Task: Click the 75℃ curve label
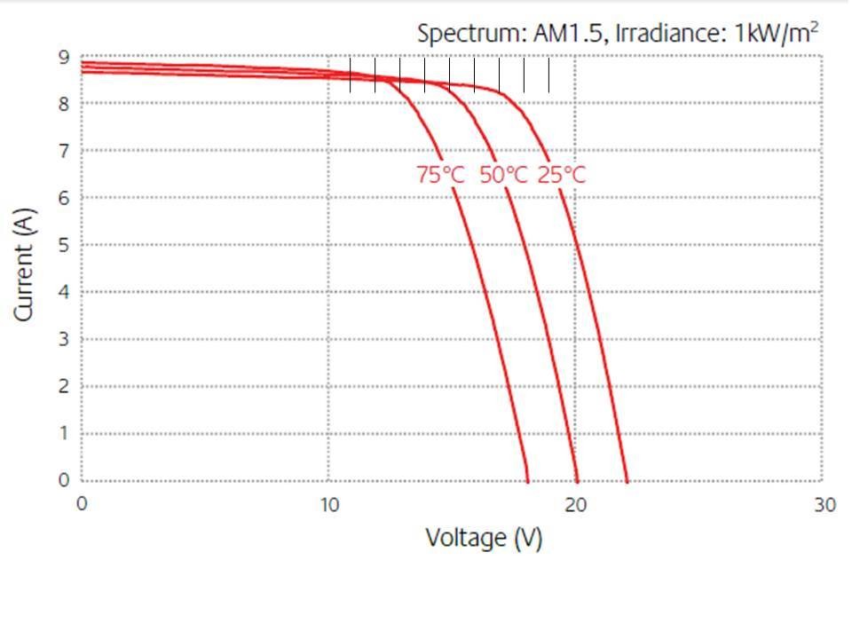click(440, 175)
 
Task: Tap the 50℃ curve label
click(503, 175)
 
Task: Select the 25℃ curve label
click(562, 175)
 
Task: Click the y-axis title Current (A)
click(24, 264)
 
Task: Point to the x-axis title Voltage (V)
click(484, 538)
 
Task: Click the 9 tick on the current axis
click(63, 58)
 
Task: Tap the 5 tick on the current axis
click(63, 245)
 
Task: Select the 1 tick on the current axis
click(63, 433)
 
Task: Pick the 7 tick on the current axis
click(63, 151)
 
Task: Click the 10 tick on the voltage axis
click(329, 505)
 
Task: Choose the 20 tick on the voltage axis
click(576, 505)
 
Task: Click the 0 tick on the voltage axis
click(82, 505)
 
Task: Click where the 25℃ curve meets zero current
click(627, 481)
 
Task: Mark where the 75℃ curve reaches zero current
click(528, 481)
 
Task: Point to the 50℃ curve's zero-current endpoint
click(578, 481)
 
